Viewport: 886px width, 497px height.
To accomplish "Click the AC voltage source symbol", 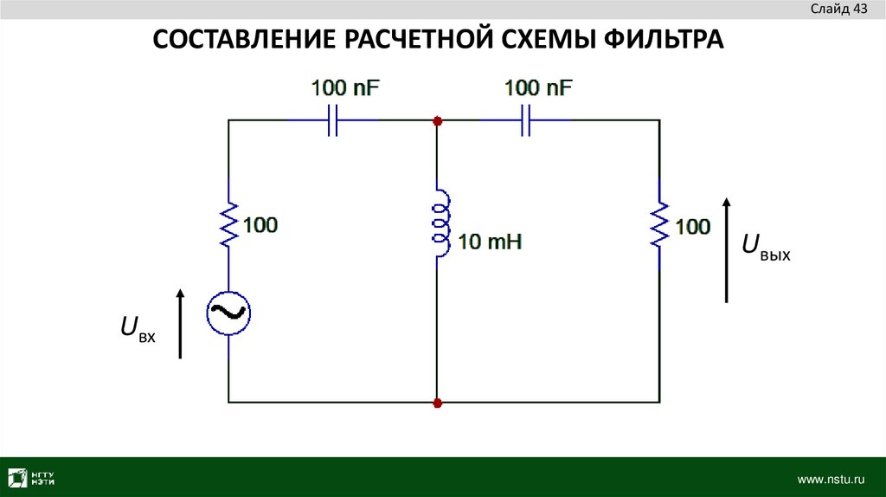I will tap(228, 313).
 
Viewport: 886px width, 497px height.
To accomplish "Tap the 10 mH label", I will tap(490, 242).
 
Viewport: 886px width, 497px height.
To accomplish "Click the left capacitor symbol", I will tap(331, 120).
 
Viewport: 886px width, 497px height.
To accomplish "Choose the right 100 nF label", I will tap(539, 87).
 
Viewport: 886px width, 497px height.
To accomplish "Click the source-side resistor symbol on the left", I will tap(228, 224).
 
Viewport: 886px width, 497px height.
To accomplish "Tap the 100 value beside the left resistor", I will tap(260, 225).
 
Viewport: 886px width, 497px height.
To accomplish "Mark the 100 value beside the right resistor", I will tap(692, 227).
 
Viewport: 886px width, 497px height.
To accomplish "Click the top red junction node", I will tap(437, 120).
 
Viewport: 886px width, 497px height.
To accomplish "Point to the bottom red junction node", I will tap(437, 403).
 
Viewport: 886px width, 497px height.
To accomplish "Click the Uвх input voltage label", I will tap(138, 328).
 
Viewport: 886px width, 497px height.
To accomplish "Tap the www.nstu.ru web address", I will tap(831, 478).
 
